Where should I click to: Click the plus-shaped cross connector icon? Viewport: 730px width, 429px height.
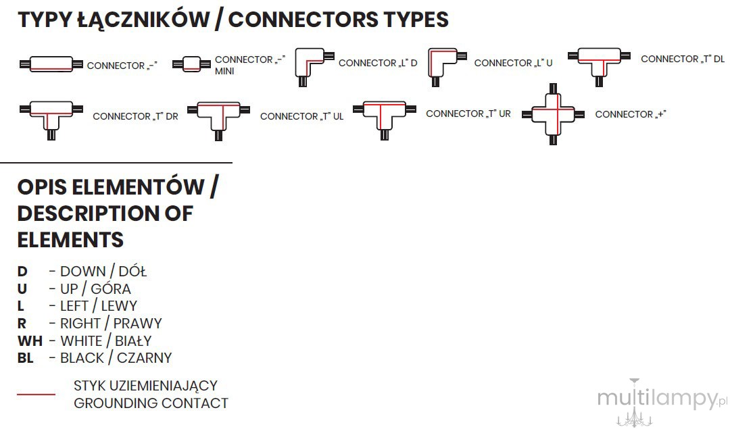coord(553,114)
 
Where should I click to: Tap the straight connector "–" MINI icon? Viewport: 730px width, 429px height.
coord(191,64)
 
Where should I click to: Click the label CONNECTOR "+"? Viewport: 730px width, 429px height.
coord(631,114)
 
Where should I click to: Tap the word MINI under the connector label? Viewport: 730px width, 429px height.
coord(224,71)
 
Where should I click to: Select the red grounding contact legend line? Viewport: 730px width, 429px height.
coord(36,394)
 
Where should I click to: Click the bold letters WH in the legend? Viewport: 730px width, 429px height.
coord(30,341)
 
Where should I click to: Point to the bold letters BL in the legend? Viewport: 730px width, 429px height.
coord(26,358)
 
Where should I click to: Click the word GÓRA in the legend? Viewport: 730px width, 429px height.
coord(111,288)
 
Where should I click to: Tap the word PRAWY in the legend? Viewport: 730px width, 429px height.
coord(138,324)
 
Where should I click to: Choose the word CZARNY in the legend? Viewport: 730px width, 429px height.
coord(145,358)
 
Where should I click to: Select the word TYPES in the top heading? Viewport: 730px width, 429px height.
coord(416,20)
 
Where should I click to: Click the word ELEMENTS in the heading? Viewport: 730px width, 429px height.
coord(70,240)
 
